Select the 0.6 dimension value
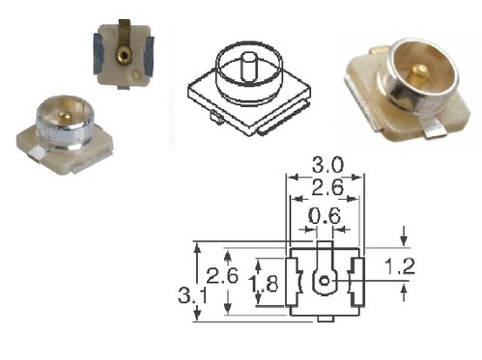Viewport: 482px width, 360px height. click(x=325, y=217)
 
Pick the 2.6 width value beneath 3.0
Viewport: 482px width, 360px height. click(x=325, y=189)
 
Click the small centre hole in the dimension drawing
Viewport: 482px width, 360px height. click(x=326, y=282)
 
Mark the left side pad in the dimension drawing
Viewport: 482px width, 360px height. click(x=295, y=283)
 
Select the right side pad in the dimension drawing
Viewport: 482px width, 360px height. click(x=356, y=283)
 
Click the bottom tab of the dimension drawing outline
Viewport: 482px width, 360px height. click(x=326, y=317)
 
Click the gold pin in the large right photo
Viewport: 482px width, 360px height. click(x=422, y=69)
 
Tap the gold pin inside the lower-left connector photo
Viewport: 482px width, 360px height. click(x=61, y=116)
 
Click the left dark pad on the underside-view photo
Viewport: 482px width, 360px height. click(x=99, y=51)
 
